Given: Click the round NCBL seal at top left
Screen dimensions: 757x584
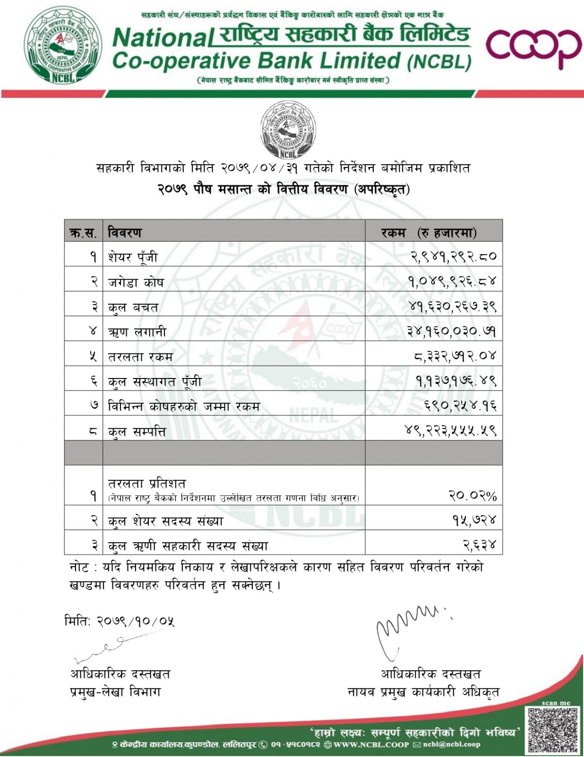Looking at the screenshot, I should pos(63,45).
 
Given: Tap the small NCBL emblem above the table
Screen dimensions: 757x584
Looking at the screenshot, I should pos(288,132).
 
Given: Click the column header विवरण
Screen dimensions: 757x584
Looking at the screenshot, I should pos(125,232).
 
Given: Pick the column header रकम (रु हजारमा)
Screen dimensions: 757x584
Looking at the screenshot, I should pos(429,232).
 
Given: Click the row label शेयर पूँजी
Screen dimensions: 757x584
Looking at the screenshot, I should pos(133,257).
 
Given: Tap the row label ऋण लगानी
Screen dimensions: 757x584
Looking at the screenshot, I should pos(137,332).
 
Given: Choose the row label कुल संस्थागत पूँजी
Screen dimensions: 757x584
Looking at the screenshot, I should pos(155,381).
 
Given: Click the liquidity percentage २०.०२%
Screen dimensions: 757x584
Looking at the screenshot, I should pos(472,495).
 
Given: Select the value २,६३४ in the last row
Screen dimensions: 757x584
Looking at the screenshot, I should pos(480,545).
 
